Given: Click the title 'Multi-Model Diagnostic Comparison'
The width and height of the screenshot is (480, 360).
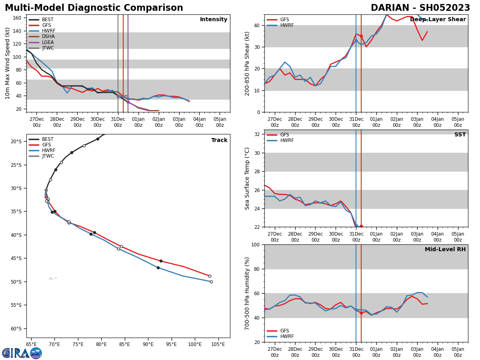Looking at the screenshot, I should point(94,8).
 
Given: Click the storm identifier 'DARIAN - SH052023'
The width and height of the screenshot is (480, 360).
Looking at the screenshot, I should point(420,8).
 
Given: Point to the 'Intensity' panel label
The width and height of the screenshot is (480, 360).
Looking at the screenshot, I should point(214,20).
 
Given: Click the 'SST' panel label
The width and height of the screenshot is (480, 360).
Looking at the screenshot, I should point(460,135).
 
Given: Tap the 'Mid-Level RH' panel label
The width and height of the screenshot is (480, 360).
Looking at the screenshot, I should point(445,250).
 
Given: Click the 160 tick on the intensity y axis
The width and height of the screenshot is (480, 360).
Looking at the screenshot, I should point(17,18).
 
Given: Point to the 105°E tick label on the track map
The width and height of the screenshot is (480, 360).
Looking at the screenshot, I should point(218,344).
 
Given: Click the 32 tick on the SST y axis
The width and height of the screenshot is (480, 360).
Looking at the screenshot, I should point(258,134).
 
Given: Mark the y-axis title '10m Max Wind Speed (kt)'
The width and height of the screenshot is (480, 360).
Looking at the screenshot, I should point(7,63).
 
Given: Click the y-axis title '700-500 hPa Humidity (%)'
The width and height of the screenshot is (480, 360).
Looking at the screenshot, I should point(247,293).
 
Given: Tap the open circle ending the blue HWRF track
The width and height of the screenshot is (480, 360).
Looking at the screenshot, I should point(211,282).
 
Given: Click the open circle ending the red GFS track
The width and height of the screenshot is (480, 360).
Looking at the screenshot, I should point(210,276).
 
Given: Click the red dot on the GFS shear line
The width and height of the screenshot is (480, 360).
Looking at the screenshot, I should point(361,36).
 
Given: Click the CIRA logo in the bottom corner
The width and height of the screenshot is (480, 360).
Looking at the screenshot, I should point(22,353).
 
